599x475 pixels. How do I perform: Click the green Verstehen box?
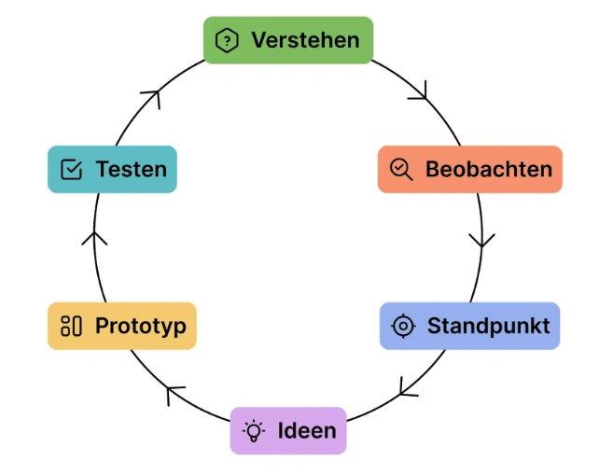(x=287, y=40)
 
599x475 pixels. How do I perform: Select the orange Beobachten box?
(x=469, y=169)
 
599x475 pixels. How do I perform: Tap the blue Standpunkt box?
(x=469, y=326)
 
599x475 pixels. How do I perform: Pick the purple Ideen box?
(x=287, y=430)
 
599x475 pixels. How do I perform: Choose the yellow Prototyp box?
(x=122, y=326)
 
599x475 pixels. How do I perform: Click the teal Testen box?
(x=112, y=169)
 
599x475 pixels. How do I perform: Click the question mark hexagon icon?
(x=226, y=40)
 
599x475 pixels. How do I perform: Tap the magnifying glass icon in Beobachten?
(x=400, y=169)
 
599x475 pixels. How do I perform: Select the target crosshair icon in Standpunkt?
(x=402, y=326)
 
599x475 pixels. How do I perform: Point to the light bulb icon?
(x=253, y=430)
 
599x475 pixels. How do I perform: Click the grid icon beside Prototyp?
(x=71, y=326)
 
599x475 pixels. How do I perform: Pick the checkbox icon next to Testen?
(x=71, y=169)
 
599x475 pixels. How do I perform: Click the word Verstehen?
(x=305, y=40)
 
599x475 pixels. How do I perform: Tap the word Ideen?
(x=307, y=430)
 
